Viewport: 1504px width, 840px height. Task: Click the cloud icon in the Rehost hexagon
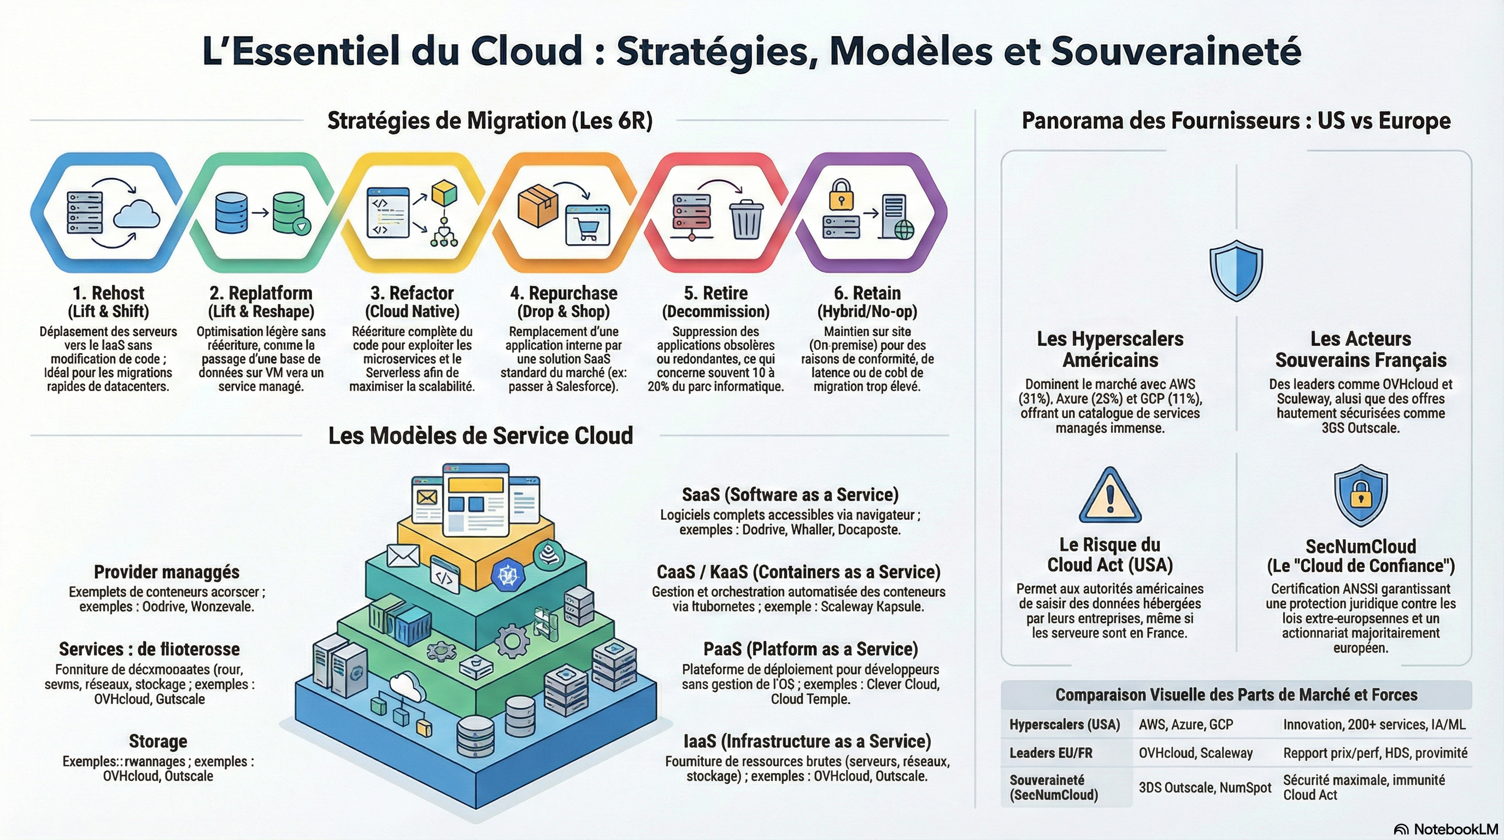tap(137, 214)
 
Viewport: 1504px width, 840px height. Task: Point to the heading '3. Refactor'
tap(412, 293)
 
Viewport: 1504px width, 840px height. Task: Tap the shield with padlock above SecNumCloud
tap(1360, 495)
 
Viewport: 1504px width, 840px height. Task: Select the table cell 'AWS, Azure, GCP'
tap(1186, 725)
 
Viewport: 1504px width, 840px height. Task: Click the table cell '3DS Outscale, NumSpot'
tap(1205, 787)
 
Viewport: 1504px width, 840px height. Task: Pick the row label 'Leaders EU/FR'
tap(1050, 753)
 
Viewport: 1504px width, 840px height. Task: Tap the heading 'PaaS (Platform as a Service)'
tap(810, 649)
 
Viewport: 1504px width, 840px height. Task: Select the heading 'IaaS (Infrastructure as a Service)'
tap(807, 741)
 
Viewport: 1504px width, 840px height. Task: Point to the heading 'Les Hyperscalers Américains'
tap(1110, 349)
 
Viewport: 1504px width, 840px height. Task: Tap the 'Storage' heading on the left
tap(157, 741)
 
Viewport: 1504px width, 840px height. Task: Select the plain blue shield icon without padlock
tap(1236, 270)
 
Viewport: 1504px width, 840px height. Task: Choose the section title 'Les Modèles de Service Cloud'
tap(480, 436)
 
